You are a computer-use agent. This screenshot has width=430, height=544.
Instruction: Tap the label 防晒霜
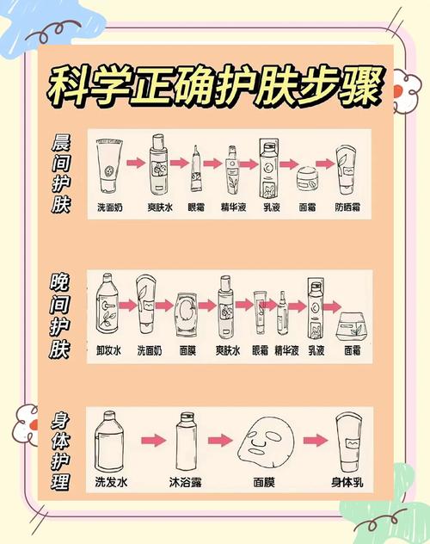click(x=348, y=207)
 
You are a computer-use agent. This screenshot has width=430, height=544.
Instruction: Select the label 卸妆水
click(x=108, y=351)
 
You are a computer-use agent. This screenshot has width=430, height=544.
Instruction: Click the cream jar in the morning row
click(x=308, y=180)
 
